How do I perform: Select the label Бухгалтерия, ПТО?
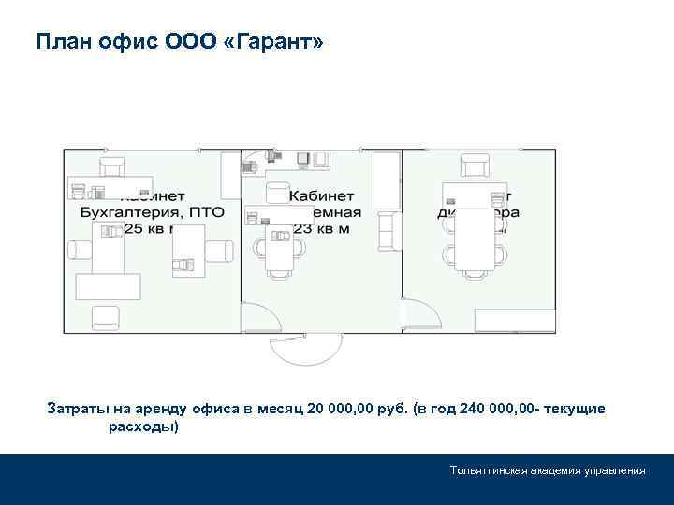coord(150,213)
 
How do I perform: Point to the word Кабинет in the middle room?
coord(320,196)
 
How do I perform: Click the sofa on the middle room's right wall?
coord(386,231)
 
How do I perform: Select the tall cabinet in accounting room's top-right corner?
coord(229,171)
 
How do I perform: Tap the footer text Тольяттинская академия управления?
coord(547,469)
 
